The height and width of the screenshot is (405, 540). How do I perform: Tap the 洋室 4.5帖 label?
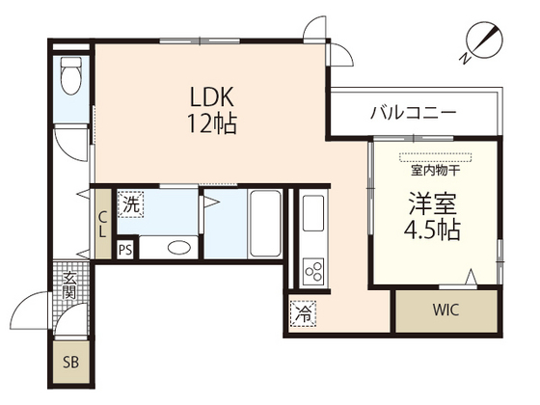coord(432,218)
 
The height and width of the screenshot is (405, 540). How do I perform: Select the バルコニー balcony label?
coord(413,113)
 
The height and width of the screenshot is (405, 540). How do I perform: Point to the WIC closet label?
coord(446,310)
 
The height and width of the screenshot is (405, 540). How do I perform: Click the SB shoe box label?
coord(69,363)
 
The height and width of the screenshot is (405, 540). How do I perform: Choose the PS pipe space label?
coord(124,250)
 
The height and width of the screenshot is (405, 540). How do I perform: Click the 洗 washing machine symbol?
coord(130,204)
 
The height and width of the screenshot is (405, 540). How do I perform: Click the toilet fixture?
coord(70,77)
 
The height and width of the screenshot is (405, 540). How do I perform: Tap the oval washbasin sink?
coord(179,247)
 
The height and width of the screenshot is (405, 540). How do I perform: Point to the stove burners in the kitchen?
coord(314,270)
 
